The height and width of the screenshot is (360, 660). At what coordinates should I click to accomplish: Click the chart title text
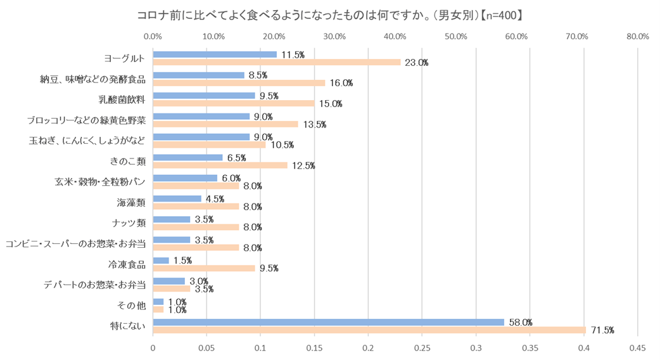[x=329, y=14]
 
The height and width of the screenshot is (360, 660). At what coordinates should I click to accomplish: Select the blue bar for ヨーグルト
[x=215, y=55]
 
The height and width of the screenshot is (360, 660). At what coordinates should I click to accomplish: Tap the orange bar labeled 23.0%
[x=276, y=62]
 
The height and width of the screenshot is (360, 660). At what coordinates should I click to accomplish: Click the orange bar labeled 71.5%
[x=369, y=330]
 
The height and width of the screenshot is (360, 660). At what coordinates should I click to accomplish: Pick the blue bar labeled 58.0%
[x=328, y=322]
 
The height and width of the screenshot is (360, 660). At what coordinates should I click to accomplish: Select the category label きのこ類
[x=129, y=161]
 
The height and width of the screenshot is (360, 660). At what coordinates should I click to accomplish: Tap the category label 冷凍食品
[x=127, y=264]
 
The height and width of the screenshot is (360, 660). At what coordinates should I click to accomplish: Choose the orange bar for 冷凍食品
[x=204, y=268]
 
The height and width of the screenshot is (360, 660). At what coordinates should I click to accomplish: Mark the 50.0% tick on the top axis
[x=456, y=36]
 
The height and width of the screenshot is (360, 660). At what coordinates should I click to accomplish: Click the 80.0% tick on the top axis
[x=637, y=36]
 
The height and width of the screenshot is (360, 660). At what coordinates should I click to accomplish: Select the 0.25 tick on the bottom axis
[x=422, y=348]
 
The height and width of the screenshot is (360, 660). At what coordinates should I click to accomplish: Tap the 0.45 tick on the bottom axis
[x=637, y=348]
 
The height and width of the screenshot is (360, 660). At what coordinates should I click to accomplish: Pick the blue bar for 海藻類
[x=177, y=198]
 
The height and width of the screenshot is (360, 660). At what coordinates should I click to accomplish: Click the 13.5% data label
[x=314, y=124]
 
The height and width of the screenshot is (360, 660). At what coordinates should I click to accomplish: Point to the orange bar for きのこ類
[x=220, y=165]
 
